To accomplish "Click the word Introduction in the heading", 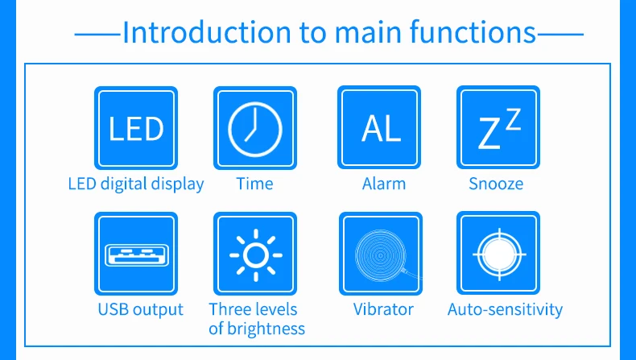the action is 207,31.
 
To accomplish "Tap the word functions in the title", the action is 473,31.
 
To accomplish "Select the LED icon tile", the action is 136,128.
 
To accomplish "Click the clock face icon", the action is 255,128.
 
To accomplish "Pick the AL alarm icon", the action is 379,127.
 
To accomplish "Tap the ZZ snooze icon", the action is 498,127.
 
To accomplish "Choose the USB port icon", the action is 136,254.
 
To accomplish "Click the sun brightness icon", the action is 255,254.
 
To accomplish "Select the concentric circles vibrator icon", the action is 381,254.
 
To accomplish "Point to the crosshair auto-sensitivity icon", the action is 498,253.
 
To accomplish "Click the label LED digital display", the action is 136,184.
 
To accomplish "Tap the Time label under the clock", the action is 254,184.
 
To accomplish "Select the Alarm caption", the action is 384,184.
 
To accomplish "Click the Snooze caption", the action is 496,184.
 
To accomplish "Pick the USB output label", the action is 140,309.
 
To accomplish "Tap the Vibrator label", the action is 383,309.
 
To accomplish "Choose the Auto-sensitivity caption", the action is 505,310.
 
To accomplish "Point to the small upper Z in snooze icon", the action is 513,119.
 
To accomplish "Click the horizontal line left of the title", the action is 97,35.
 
